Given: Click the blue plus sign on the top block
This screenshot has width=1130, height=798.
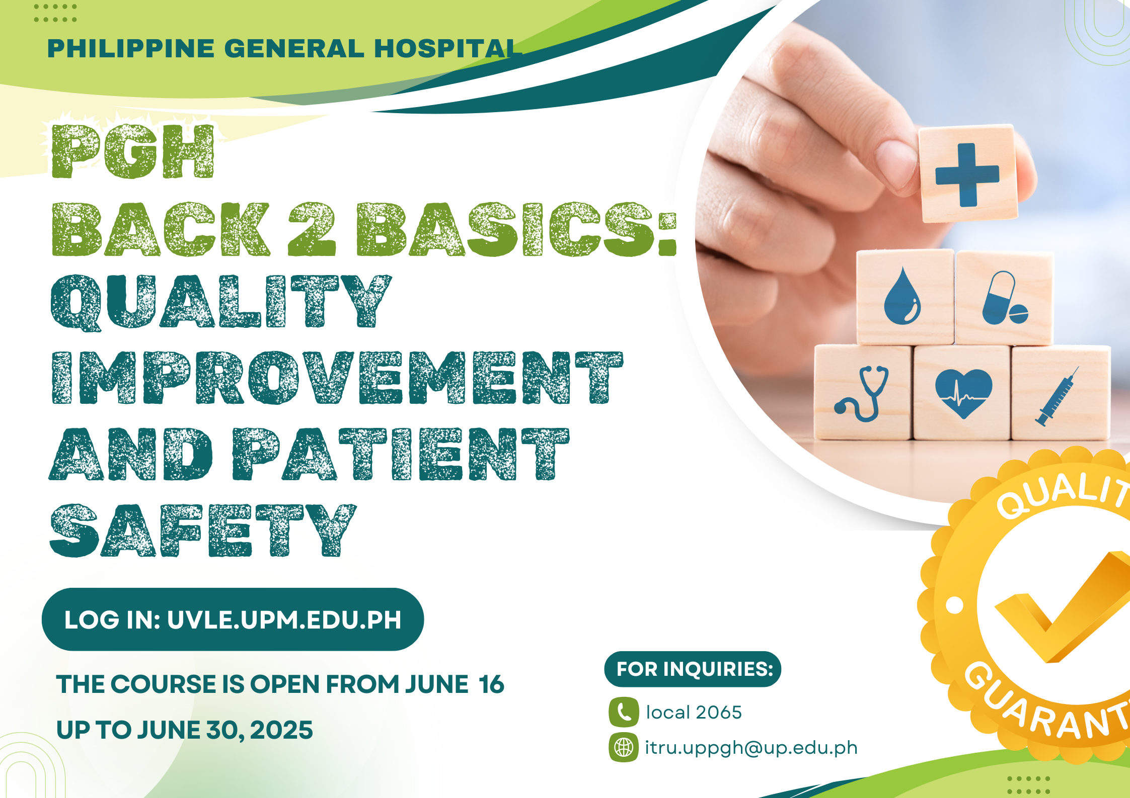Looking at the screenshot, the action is (x=967, y=175).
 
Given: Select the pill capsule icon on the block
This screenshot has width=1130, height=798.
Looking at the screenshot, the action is (x=1005, y=298).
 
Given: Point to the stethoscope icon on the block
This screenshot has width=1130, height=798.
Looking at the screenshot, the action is (x=861, y=393).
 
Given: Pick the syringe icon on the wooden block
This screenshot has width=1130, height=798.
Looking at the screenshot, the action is (x=1057, y=397).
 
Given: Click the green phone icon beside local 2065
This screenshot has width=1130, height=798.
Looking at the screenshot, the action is (x=624, y=712).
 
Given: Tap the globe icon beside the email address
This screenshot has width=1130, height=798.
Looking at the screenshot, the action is (x=624, y=747).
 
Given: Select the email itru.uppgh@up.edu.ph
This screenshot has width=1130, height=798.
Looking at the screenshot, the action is (x=751, y=748).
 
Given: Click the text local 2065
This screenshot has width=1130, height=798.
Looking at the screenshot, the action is (x=694, y=713).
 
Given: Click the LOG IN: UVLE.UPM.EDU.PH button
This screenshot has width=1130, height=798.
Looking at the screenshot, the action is (x=233, y=619).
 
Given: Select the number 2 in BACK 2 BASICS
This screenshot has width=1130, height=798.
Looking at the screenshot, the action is (x=312, y=229).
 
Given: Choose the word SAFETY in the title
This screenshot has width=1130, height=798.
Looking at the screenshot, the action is (x=203, y=530).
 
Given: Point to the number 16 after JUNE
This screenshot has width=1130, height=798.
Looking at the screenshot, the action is (x=491, y=684).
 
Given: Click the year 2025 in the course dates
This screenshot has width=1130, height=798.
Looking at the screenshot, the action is (x=281, y=730).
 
